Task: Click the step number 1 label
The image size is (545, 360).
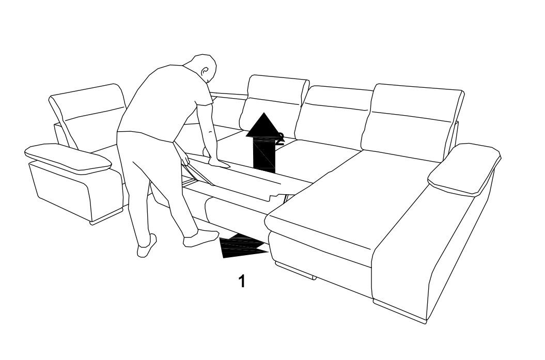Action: [242, 281]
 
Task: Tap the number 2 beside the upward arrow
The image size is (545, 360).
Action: [280, 138]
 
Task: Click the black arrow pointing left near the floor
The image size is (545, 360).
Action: [243, 246]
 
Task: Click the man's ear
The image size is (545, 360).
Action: [205, 71]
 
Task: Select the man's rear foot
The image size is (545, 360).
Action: [146, 246]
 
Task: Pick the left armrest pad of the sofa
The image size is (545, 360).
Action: [68, 159]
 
